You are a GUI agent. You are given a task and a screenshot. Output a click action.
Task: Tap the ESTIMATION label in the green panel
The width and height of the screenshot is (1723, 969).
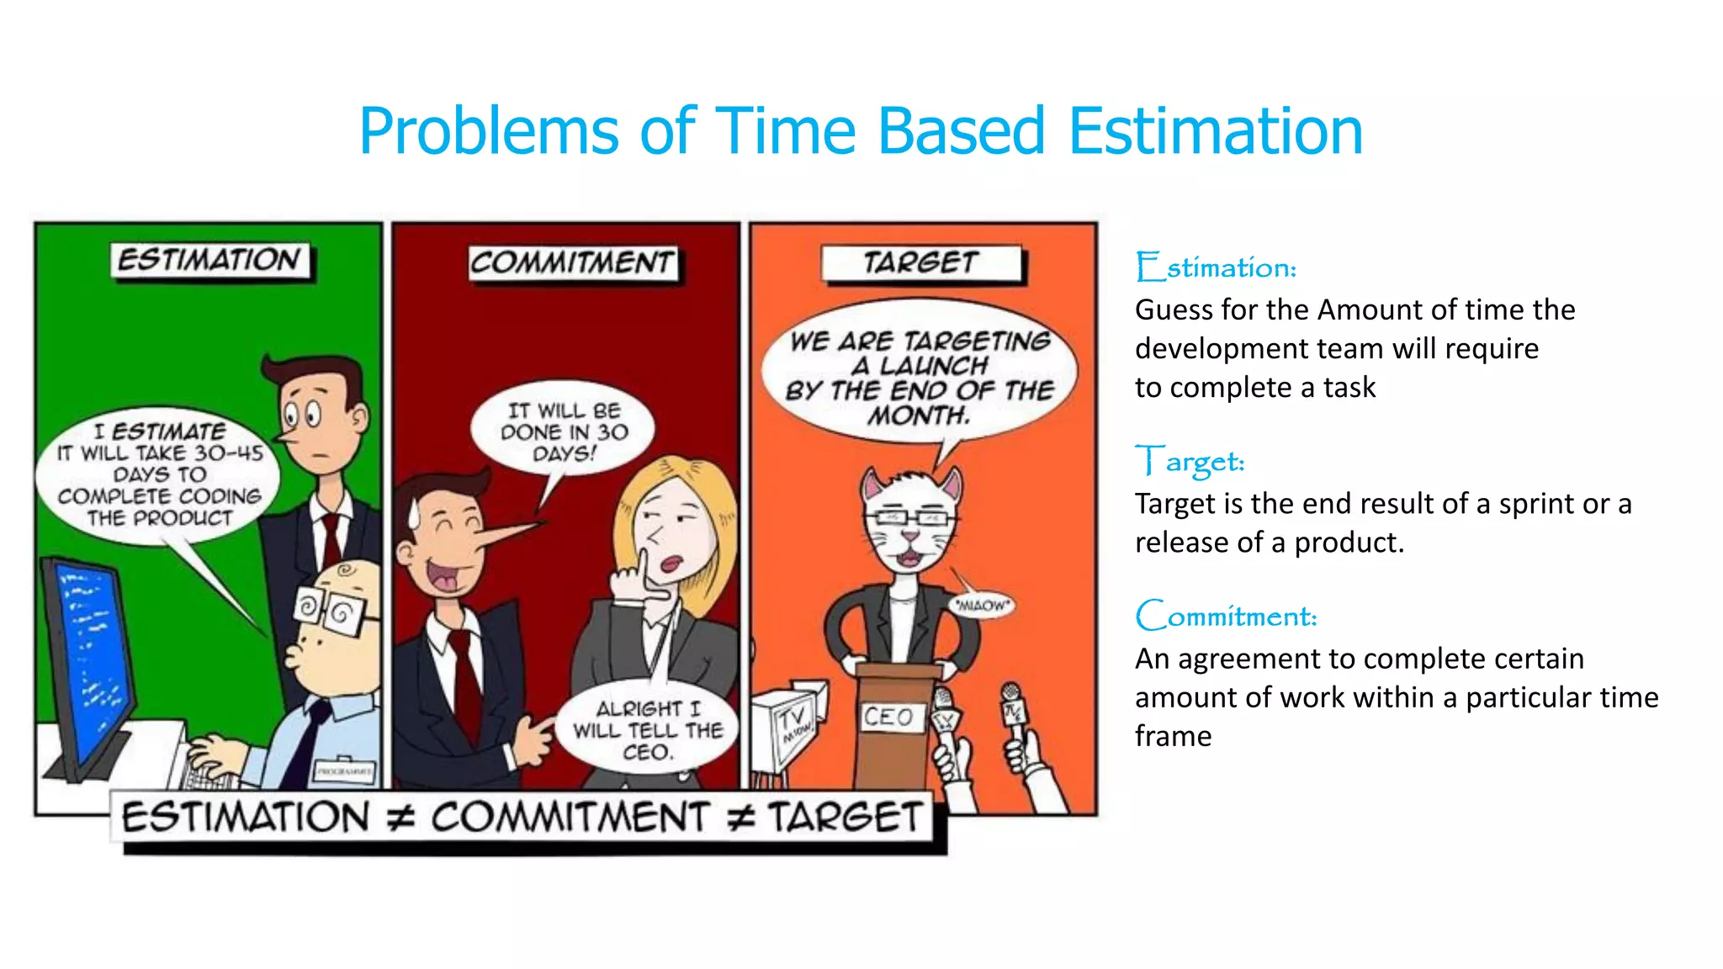(209, 260)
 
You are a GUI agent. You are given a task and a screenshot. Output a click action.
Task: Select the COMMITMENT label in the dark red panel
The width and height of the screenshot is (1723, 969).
(572, 262)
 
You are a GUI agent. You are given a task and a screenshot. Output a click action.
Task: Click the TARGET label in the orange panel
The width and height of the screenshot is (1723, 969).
(921, 263)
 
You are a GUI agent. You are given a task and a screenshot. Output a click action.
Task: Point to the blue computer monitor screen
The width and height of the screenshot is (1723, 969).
(88, 656)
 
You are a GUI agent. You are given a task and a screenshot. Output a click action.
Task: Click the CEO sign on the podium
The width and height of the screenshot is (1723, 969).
(888, 717)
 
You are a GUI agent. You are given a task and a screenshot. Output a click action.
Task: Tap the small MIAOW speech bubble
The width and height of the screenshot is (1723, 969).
(981, 605)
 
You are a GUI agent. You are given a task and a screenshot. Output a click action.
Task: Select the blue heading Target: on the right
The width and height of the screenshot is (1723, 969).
(1190, 462)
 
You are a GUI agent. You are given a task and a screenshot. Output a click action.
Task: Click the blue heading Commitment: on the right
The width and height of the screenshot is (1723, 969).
(1226, 617)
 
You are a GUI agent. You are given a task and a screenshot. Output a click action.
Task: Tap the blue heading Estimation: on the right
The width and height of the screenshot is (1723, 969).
(1216, 267)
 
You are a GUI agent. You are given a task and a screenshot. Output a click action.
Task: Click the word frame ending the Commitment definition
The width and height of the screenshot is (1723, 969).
(1173, 736)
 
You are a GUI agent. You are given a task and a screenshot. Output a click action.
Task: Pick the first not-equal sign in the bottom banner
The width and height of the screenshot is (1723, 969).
(400, 818)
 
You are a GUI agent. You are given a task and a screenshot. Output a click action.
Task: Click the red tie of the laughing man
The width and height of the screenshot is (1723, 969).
(465, 681)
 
